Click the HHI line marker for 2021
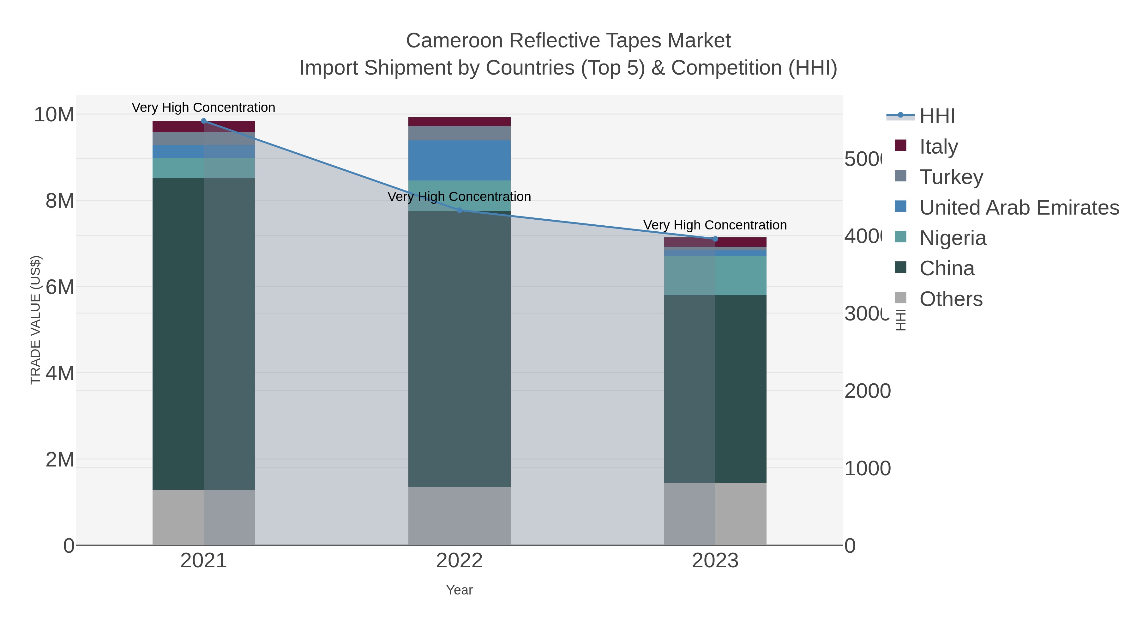tap(203, 121)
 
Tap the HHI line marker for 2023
tap(715, 239)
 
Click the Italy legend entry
tap(938, 146)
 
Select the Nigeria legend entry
tap(953, 238)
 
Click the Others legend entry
tap(951, 299)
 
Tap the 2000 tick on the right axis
tap(867, 391)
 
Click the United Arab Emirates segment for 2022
tap(460, 160)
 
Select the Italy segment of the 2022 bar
tap(460, 122)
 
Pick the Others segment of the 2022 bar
tap(460, 516)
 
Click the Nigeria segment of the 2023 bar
tap(715, 276)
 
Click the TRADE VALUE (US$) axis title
tap(36, 320)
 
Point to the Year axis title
tap(460, 590)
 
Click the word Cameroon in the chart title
tap(454, 41)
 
